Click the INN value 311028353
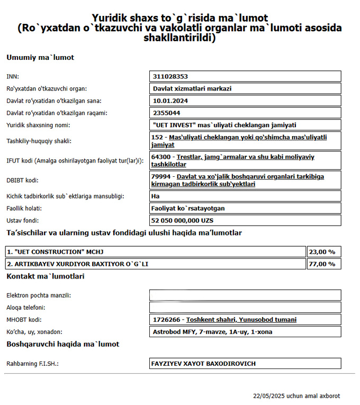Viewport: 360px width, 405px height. [170, 76]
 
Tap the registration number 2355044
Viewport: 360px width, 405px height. [166, 113]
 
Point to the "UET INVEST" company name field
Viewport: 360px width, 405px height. [223, 125]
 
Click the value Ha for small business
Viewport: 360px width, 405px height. [156, 196]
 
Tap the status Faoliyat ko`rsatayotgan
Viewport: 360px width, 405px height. [187, 208]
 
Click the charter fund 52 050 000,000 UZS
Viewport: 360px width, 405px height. [182, 220]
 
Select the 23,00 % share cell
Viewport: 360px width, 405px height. [323, 251]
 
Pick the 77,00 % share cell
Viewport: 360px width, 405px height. [323, 264]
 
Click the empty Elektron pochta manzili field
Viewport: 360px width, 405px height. [245, 295]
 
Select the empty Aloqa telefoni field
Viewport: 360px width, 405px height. [245, 307]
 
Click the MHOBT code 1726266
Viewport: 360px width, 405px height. [167, 320]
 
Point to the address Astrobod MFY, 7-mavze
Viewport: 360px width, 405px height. [212, 332]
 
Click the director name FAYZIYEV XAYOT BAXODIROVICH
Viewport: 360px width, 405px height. [204, 364]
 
